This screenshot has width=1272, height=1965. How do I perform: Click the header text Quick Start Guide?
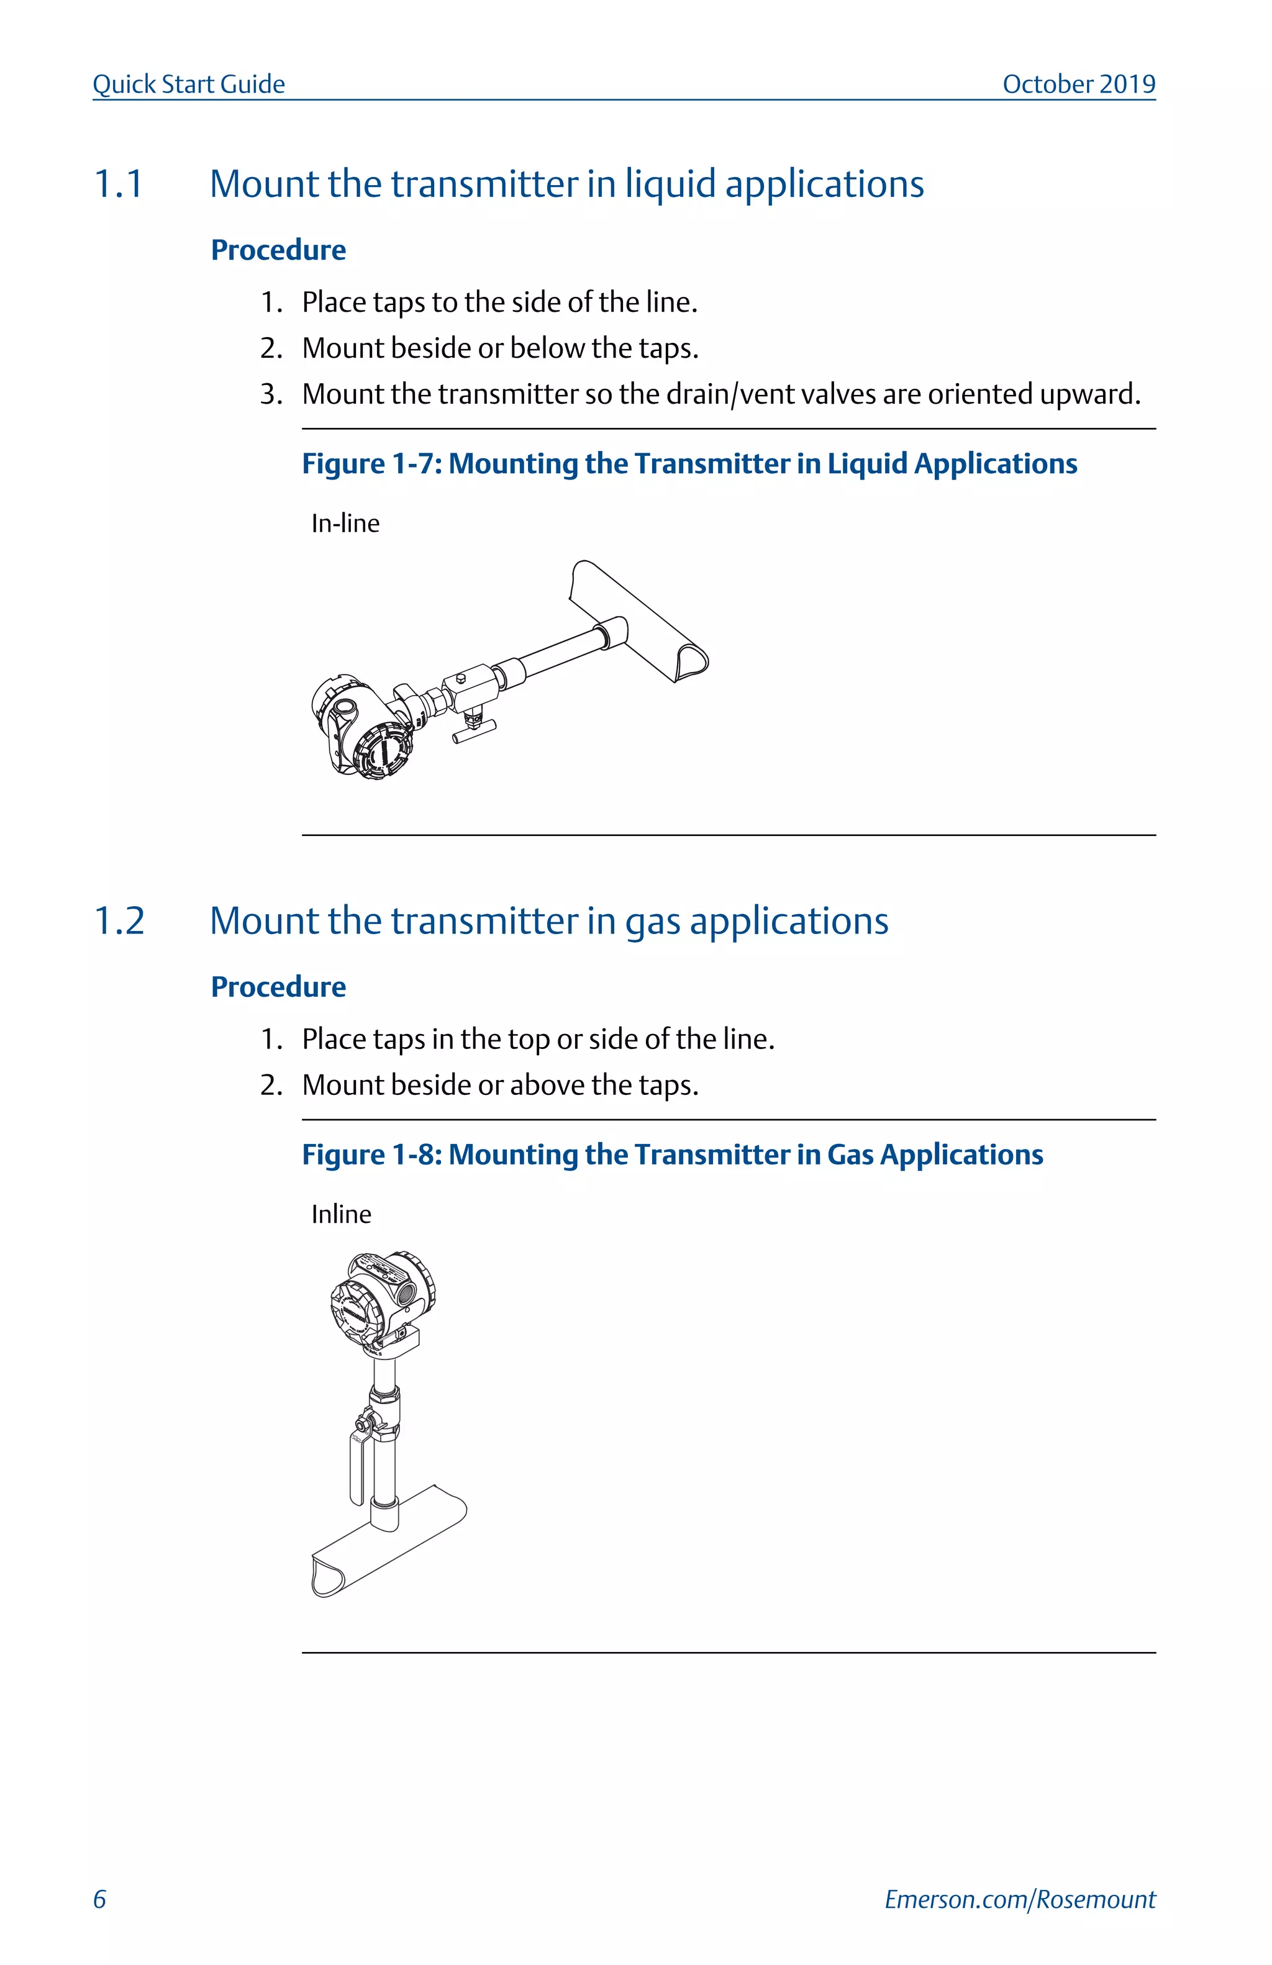188,84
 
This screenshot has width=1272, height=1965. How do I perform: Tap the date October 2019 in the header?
1078,84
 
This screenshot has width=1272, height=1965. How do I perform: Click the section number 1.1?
119,184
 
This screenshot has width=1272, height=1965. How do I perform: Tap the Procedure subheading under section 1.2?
278,987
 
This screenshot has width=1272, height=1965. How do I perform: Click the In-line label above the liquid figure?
345,524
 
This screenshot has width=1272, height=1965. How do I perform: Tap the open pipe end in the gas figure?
327,1576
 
